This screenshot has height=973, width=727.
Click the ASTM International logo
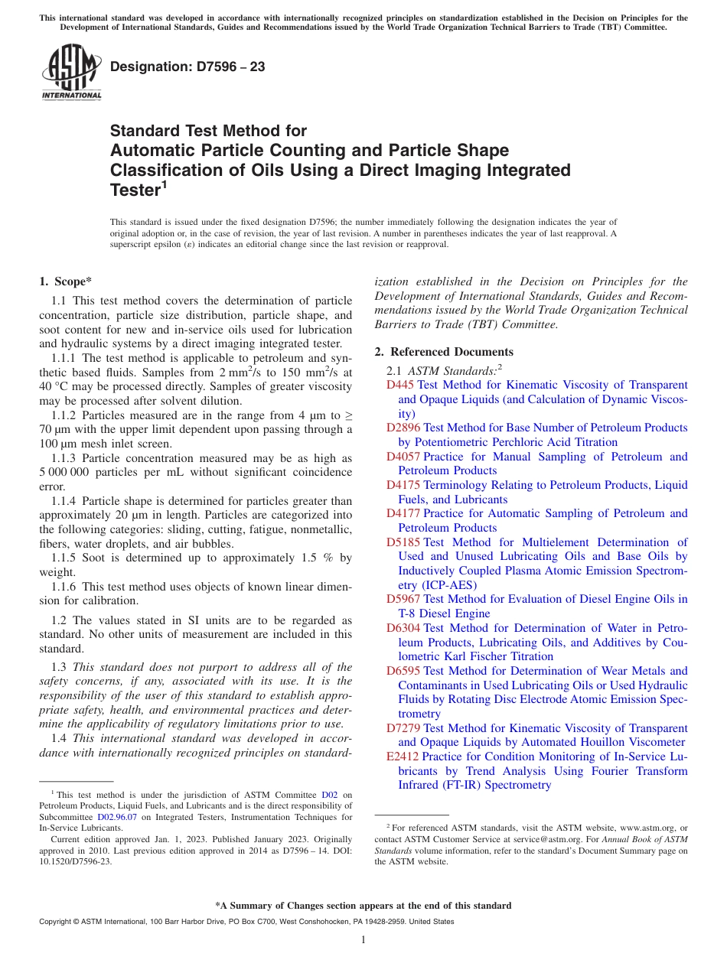click(x=71, y=73)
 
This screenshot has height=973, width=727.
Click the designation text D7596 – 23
click(x=187, y=67)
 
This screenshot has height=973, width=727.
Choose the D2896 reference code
click(x=403, y=428)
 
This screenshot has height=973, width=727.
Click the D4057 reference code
click(x=403, y=457)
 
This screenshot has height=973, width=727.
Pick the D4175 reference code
click(x=403, y=485)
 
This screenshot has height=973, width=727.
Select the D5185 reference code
click(x=403, y=542)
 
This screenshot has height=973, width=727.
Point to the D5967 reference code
click(x=403, y=599)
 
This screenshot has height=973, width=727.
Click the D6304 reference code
click(x=403, y=628)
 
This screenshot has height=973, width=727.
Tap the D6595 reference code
click(x=403, y=671)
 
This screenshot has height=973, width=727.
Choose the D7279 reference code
click(x=403, y=728)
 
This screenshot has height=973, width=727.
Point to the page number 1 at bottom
click(x=363, y=939)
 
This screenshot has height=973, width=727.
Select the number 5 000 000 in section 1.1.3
click(x=64, y=473)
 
